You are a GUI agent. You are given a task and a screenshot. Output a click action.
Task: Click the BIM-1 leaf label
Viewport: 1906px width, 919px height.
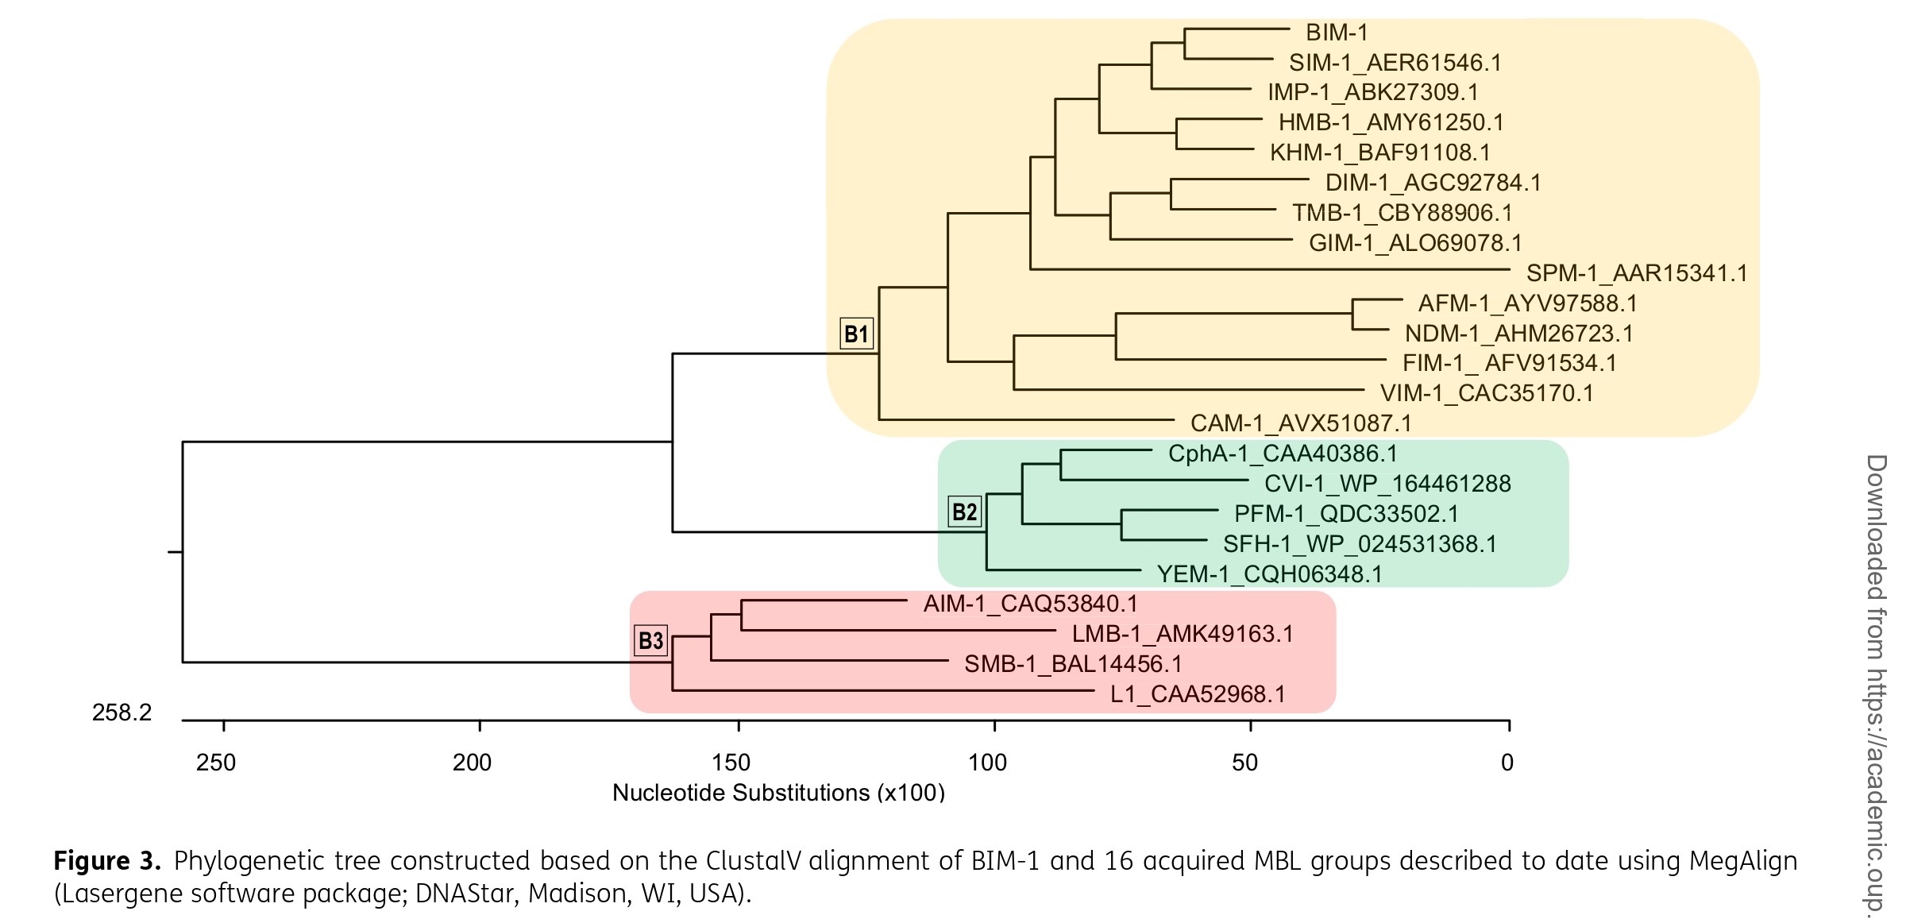[1337, 33]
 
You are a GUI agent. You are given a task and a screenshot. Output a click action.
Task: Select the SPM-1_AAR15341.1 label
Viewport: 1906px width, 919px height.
[1637, 273]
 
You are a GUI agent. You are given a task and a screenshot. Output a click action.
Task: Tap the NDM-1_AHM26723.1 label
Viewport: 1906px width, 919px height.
[1518, 334]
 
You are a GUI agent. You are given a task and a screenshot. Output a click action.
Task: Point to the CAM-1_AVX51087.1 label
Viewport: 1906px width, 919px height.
[1301, 423]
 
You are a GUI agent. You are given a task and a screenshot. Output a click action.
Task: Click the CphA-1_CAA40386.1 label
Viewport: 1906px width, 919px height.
[1283, 454]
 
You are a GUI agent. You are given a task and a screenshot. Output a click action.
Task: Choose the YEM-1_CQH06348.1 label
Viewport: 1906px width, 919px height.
[1269, 574]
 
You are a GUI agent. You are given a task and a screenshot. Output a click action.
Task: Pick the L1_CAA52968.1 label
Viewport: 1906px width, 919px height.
[1198, 694]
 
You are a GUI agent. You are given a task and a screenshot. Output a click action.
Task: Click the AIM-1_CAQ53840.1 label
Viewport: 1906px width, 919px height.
[1030, 604]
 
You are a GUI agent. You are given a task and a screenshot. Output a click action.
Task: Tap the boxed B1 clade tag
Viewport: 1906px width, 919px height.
[856, 334]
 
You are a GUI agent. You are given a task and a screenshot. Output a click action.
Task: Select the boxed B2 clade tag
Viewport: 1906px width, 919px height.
[965, 512]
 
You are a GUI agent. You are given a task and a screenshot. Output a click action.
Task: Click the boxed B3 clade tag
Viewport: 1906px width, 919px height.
[651, 640]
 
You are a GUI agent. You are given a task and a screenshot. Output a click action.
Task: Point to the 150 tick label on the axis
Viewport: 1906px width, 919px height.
[731, 763]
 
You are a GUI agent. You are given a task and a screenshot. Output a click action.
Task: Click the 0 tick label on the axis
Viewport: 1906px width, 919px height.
[1507, 763]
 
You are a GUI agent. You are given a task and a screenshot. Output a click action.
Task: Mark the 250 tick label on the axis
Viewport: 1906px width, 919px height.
[216, 763]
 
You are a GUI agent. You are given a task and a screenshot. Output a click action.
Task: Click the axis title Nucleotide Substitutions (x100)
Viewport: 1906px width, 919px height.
[778, 793]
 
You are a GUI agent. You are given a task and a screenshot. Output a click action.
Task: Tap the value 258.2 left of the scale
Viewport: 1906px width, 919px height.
[122, 712]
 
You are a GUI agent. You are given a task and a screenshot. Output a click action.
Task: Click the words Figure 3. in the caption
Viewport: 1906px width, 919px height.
[107, 861]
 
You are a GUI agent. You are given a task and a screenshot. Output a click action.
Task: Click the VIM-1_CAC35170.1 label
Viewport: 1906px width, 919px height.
[1487, 393]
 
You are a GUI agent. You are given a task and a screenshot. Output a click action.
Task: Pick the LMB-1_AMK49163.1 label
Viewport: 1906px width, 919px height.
[1183, 634]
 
